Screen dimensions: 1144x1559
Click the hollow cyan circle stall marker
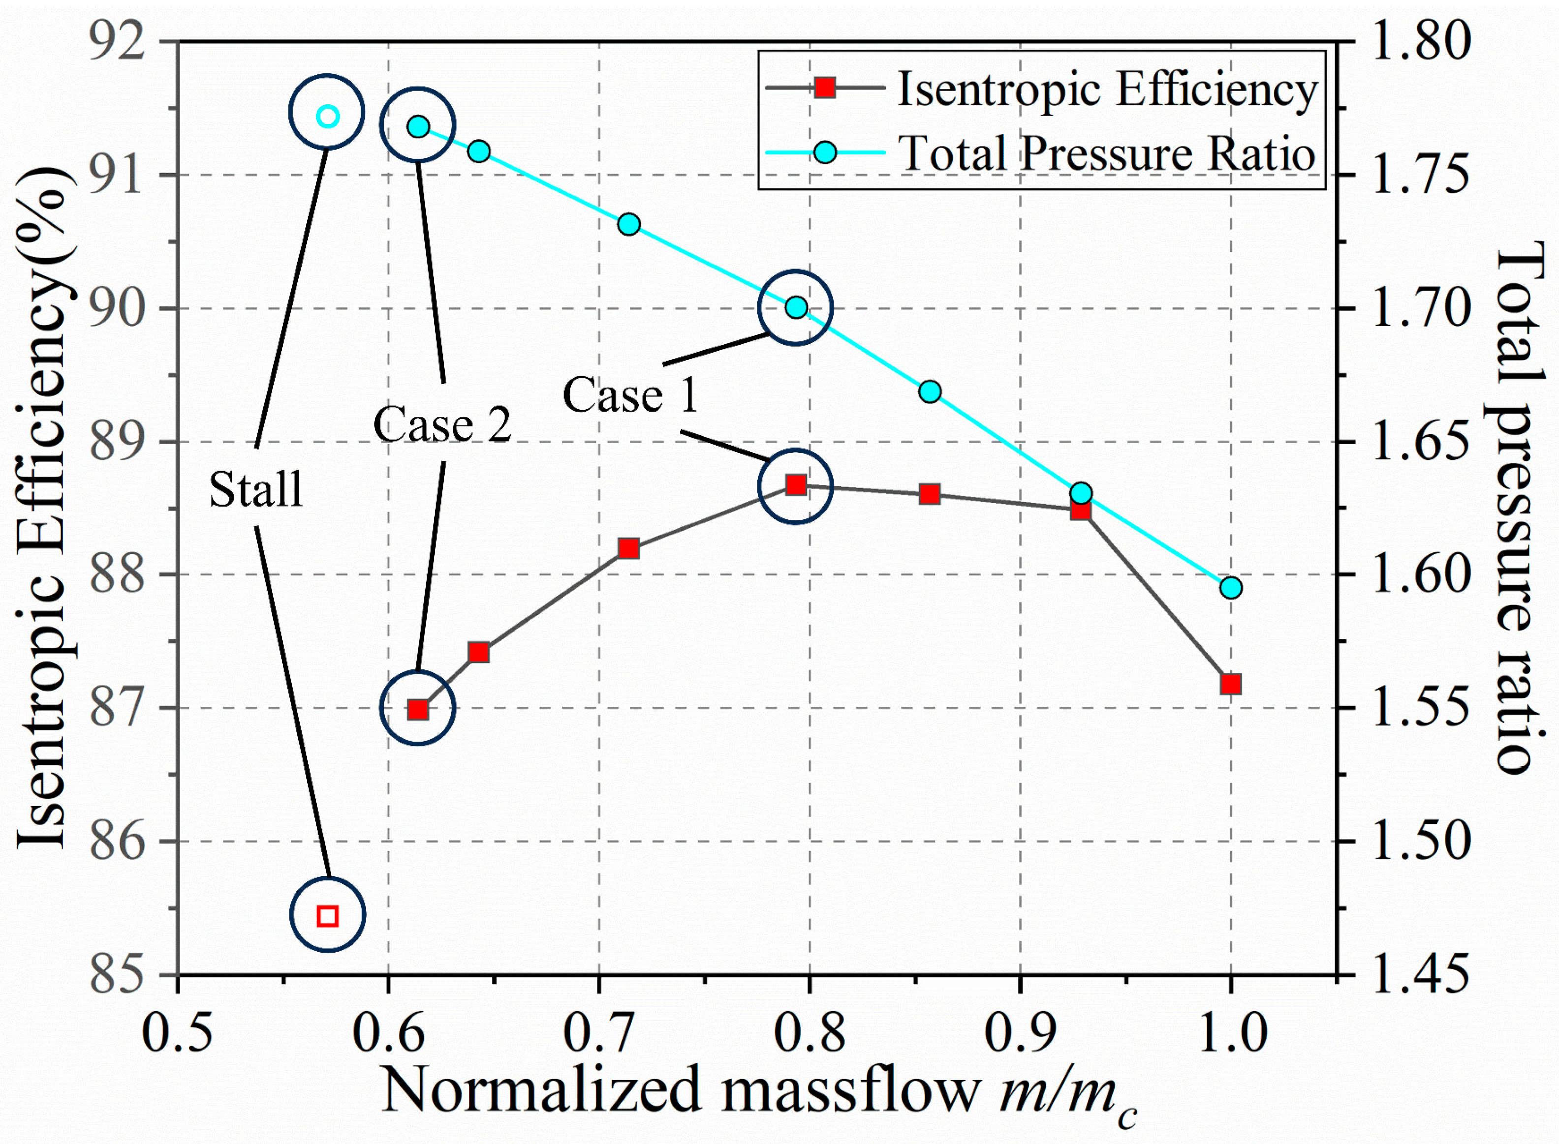coord(327,117)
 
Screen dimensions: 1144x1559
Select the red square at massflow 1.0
coord(1231,684)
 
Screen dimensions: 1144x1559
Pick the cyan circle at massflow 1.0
coord(1231,588)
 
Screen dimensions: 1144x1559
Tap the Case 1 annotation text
coord(630,395)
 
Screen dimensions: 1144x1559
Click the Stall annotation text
coord(256,489)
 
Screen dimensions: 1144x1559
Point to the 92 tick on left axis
coord(118,41)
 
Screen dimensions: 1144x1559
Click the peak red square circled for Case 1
coord(796,485)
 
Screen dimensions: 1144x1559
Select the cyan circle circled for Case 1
coord(796,307)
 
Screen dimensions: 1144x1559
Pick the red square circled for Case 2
coord(418,710)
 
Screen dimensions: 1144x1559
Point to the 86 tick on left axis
coord(118,842)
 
